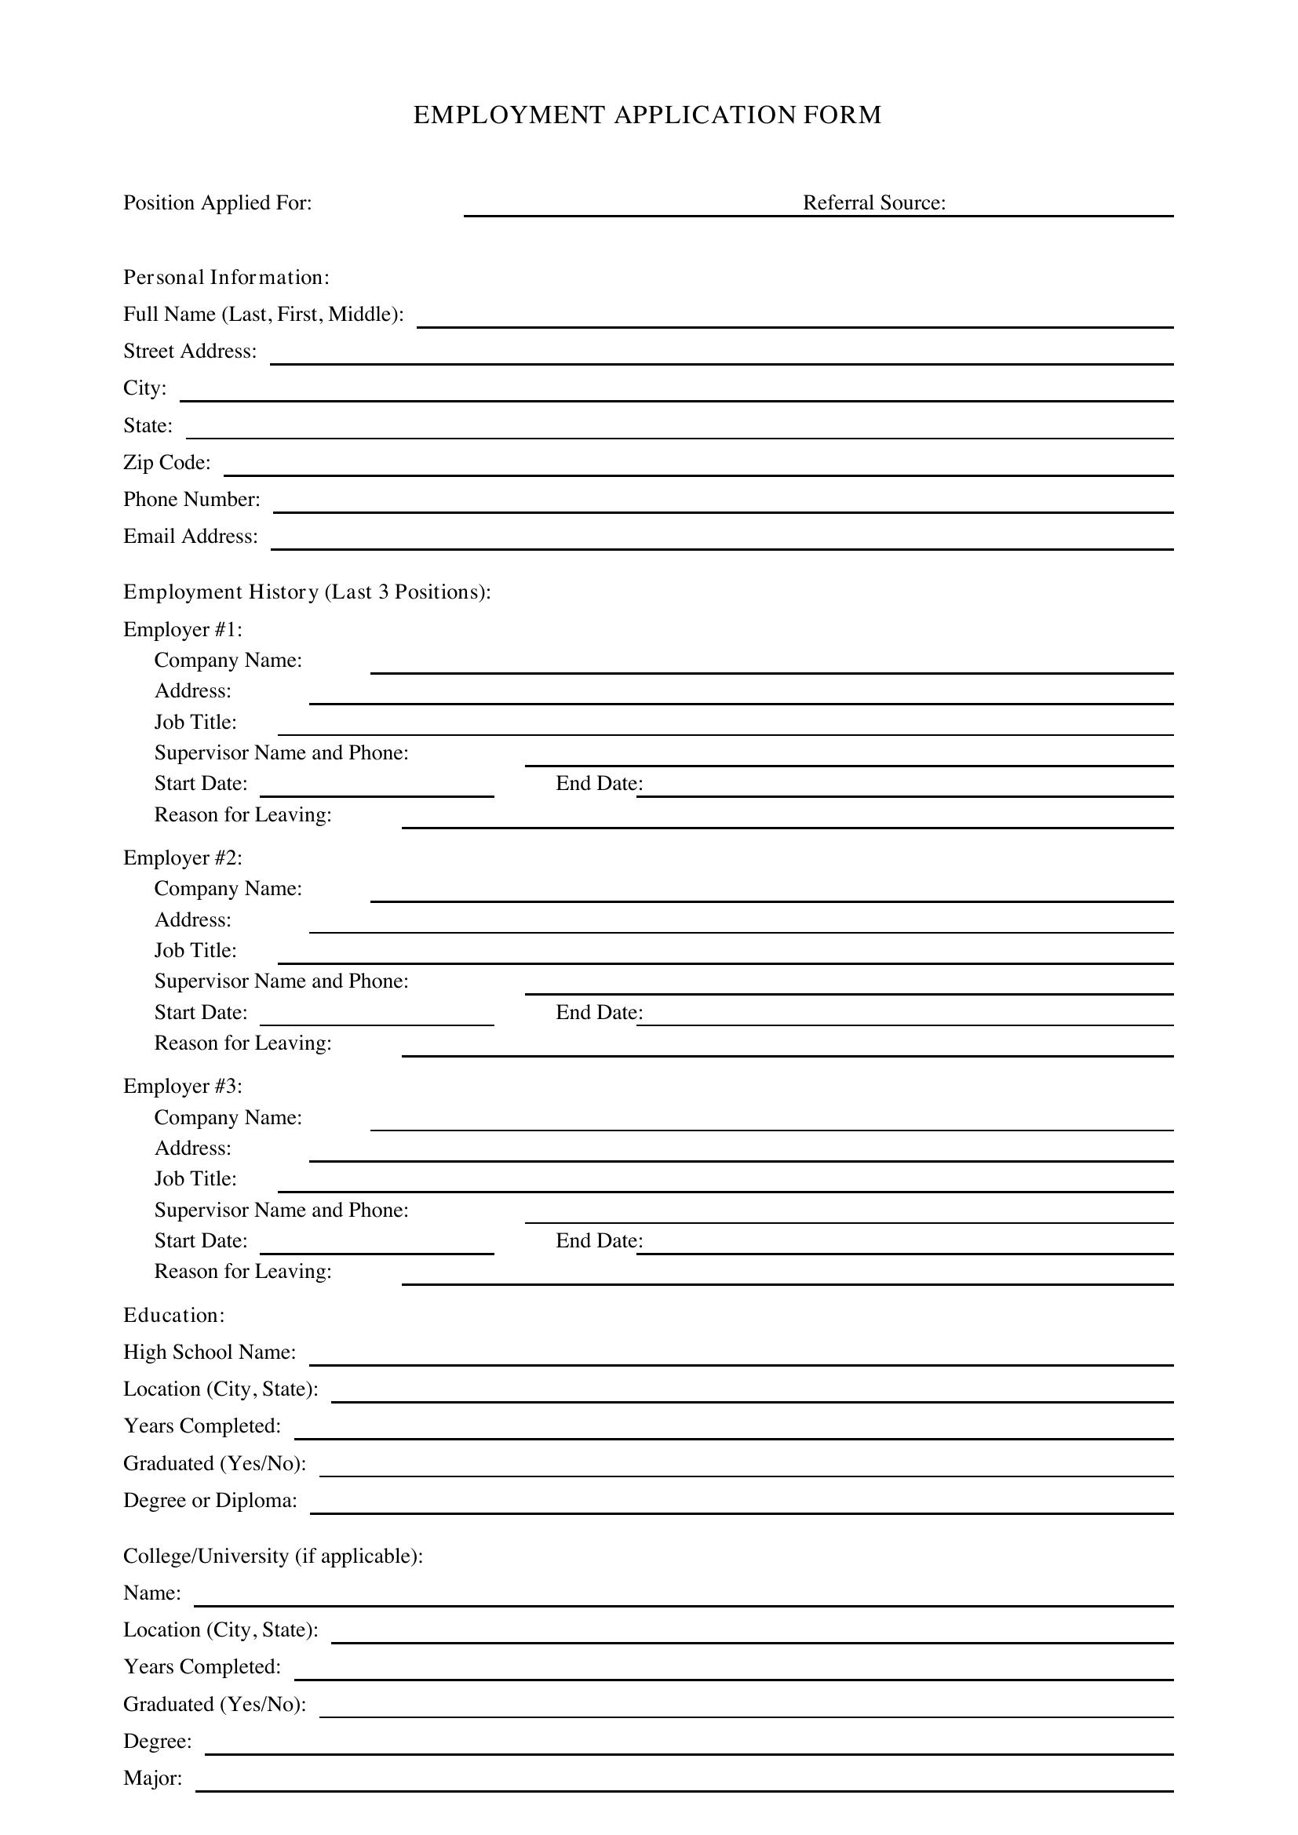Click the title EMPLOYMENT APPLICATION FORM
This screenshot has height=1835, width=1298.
(x=647, y=115)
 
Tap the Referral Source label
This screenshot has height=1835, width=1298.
(x=873, y=203)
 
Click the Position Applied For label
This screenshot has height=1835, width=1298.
(x=217, y=203)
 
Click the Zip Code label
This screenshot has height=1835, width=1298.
(x=167, y=463)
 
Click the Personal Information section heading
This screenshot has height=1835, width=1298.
(x=226, y=277)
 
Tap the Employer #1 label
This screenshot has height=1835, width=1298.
(x=182, y=630)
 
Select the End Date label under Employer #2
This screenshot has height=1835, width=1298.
(x=599, y=1013)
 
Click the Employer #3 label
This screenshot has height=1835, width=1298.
(x=182, y=1086)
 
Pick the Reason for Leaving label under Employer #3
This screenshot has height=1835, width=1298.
(x=242, y=1272)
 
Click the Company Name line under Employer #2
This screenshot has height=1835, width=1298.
(x=771, y=896)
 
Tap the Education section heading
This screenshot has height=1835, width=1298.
(x=173, y=1316)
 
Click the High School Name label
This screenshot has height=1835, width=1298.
(x=210, y=1353)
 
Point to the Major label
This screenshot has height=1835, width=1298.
(x=153, y=1779)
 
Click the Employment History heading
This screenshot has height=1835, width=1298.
(x=307, y=592)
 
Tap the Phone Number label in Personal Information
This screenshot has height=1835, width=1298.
(x=191, y=500)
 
